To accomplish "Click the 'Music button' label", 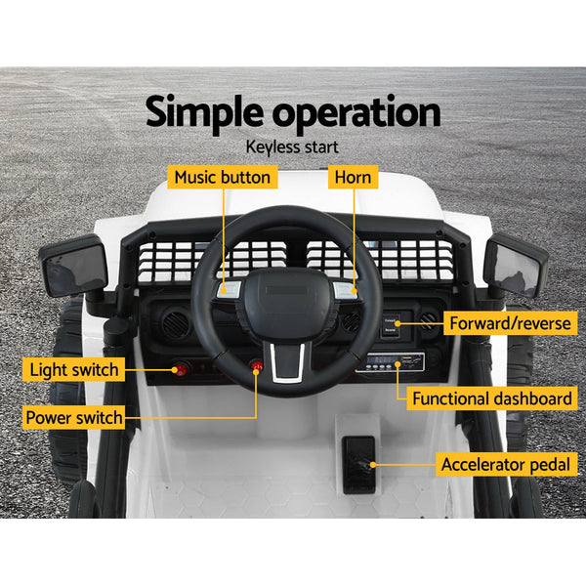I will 222,178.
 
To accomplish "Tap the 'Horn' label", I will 352,178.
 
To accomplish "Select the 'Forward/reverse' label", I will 509,323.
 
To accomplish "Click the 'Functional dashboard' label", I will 491,398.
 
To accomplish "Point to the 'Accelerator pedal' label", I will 505,464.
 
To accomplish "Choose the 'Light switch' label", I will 73,369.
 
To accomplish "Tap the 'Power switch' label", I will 73,418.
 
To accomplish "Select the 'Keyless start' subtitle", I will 293,147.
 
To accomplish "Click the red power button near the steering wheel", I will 257,367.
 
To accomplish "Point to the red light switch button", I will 180,369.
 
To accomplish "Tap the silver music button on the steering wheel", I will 231,288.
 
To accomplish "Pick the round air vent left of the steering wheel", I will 176,323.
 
